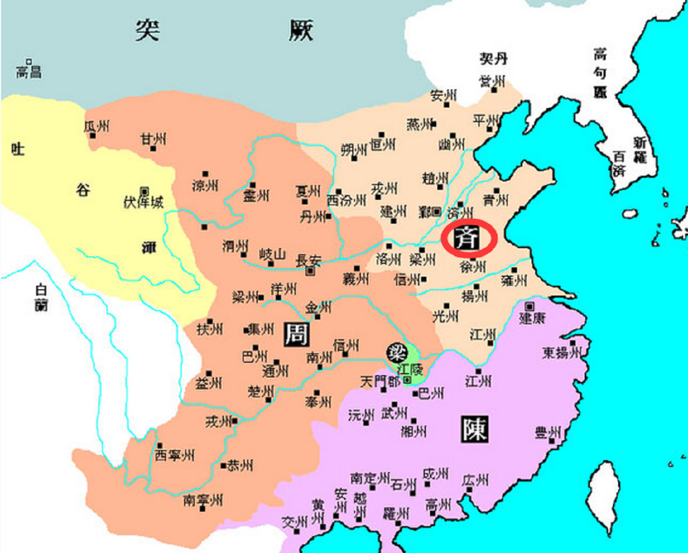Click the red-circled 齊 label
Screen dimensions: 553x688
(x=466, y=238)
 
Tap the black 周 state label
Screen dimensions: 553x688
(x=296, y=334)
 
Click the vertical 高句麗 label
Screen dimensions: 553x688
(x=600, y=73)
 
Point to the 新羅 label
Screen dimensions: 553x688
(x=639, y=150)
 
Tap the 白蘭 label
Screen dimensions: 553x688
(x=41, y=297)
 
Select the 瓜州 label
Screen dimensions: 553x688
(x=97, y=127)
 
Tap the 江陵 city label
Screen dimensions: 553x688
(x=409, y=369)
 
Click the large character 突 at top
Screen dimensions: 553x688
(x=146, y=31)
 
